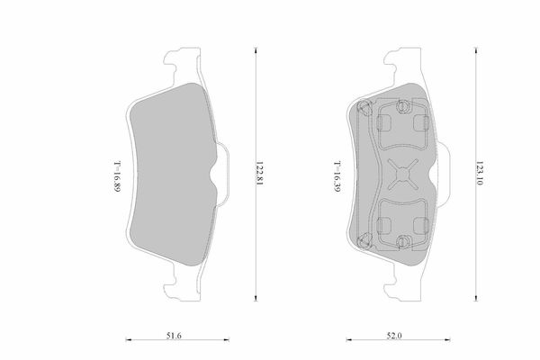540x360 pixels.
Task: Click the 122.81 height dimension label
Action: pyautogui.click(x=259, y=174)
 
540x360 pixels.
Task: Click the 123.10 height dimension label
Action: pyautogui.click(x=480, y=173)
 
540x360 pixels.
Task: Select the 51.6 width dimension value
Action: pyautogui.click(x=174, y=336)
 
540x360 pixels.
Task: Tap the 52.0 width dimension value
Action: pyautogui.click(x=394, y=336)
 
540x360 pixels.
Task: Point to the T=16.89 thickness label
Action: pyautogui.click(x=117, y=176)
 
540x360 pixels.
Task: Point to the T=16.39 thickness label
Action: pyautogui.click(x=337, y=176)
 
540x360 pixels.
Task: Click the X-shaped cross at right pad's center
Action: pyautogui.click(x=402, y=175)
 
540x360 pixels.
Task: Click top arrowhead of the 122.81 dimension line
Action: pyautogui.click(x=256, y=50)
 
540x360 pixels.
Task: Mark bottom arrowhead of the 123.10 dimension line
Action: pyautogui.click(x=476, y=298)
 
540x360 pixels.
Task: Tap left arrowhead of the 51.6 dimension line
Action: pyautogui.click(x=129, y=339)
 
